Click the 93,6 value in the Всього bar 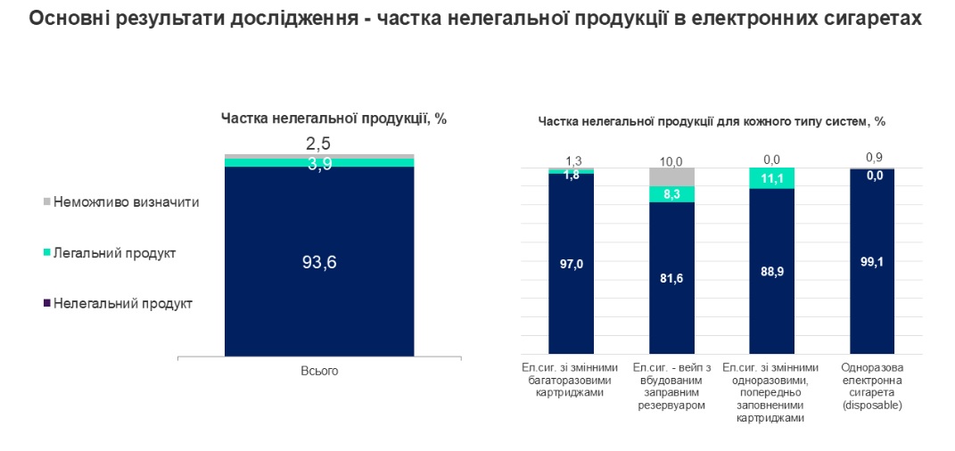tap(319, 262)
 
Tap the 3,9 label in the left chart tap(319, 163)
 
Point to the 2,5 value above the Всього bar tap(319, 143)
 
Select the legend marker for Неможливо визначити tap(46, 201)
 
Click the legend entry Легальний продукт tap(113, 253)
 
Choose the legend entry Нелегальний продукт tap(122, 303)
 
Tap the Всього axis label tap(319, 371)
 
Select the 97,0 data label tap(571, 263)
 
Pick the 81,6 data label tap(671, 278)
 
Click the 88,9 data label tap(771, 271)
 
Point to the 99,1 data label tap(872, 262)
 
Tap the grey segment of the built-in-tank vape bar tap(671, 176)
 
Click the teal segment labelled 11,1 tap(771, 178)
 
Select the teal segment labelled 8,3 tap(671, 194)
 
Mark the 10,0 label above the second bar tap(671, 161)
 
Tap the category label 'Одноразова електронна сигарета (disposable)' tap(872, 386)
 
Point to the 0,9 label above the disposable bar tap(874, 159)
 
